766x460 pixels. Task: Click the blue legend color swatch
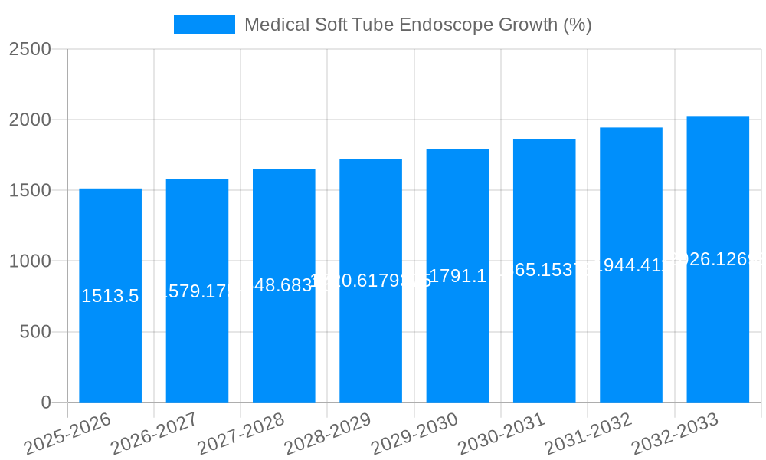point(205,25)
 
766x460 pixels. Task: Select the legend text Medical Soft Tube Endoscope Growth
point(417,25)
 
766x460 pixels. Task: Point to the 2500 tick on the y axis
point(30,50)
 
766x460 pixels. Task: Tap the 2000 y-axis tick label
point(30,120)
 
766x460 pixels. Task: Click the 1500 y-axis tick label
point(30,191)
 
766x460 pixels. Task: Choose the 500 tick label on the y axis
point(35,332)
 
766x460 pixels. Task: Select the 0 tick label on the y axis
point(46,402)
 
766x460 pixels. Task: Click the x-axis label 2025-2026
point(67,434)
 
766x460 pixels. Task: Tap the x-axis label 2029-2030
point(414,434)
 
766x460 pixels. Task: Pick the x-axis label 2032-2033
point(675,434)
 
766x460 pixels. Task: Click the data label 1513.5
point(110,296)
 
